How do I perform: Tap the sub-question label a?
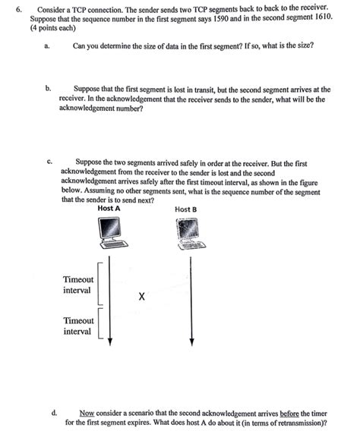point(47,46)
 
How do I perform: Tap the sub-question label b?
point(47,90)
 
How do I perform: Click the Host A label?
point(109,208)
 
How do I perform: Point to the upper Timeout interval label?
point(78,285)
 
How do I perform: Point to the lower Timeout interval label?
point(78,326)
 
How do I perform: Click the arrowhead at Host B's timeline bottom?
point(192,342)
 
